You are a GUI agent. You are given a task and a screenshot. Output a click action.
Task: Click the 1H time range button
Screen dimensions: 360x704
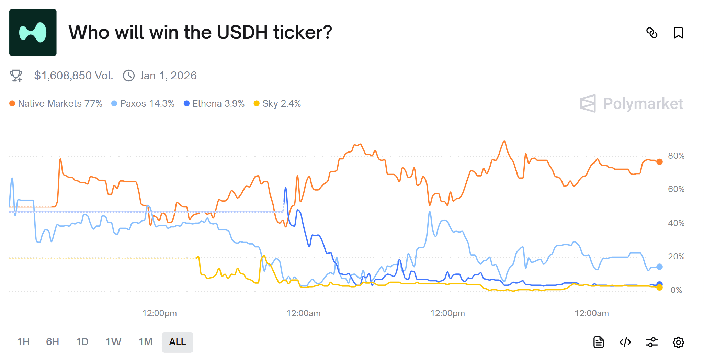[23, 342]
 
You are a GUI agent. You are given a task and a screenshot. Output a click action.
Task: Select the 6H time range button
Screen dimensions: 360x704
[53, 342]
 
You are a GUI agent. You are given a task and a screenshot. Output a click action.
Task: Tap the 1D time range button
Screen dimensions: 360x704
[82, 342]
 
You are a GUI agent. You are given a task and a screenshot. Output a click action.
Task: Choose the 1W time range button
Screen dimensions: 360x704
[113, 342]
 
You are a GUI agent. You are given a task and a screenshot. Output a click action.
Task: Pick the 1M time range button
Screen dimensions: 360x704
[145, 342]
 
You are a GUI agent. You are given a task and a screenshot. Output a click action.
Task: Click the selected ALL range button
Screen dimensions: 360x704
[177, 342]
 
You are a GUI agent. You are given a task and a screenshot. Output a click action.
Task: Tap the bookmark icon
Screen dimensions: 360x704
[678, 33]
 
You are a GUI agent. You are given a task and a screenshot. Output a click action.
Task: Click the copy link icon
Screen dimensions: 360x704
[652, 33]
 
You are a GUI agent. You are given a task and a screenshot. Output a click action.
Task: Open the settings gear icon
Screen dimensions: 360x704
[678, 342]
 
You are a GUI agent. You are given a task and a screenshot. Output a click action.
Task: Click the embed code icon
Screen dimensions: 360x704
[625, 342]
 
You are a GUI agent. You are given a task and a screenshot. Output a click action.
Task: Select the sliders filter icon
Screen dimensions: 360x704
[651, 342]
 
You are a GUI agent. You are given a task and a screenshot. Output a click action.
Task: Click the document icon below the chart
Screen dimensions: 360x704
[599, 342]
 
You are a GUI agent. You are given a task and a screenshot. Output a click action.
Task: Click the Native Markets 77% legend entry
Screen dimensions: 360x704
[56, 104]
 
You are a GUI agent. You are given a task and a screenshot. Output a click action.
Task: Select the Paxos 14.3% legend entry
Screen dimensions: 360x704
[143, 104]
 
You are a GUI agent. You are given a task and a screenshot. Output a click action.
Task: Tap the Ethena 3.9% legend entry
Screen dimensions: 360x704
[214, 104]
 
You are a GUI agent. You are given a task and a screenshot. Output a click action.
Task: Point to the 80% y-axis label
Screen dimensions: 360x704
[676, 156]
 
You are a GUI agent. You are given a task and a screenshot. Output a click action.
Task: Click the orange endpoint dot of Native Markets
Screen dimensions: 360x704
[659, 162]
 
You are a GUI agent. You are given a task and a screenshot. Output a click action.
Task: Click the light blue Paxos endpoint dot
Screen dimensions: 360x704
[659, 267]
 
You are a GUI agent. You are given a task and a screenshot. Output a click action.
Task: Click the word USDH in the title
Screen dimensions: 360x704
[242, 33]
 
